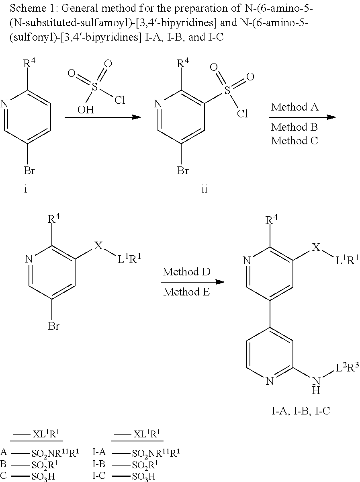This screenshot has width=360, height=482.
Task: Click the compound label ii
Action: (204, 189)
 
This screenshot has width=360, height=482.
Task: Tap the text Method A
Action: (295, 107)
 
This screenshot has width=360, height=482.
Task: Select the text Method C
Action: (295, 141)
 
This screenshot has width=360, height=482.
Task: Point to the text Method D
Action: (186, 272)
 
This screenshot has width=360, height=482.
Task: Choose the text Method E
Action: (186, 292)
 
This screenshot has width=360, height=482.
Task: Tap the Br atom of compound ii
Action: (183, 171)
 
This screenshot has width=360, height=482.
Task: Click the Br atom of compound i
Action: (29, 171)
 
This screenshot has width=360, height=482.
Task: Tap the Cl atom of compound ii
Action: (242, 114)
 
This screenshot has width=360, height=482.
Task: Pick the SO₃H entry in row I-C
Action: (145, 476)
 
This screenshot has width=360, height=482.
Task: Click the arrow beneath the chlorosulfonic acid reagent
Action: (102, 117)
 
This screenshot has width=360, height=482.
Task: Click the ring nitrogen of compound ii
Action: (158, 104)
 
